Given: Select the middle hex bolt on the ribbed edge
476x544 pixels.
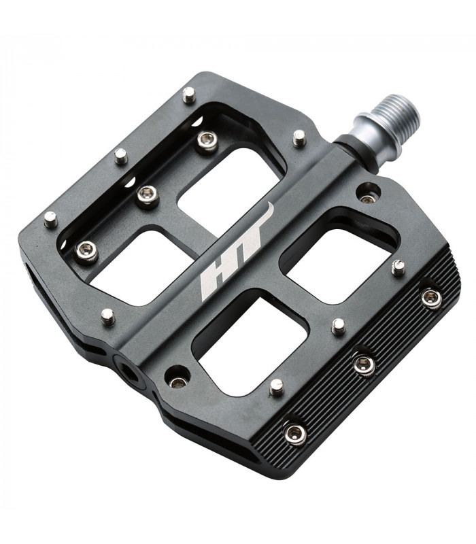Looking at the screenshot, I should (364, 365).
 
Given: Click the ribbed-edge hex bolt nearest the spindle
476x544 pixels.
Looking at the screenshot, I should (430, 297).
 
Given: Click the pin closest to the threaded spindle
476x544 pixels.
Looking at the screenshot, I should (299, 138).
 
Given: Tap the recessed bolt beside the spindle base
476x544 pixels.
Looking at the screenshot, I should (368, 197).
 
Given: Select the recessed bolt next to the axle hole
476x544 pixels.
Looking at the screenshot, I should (178, 378).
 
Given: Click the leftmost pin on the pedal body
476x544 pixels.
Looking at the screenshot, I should (50, 219).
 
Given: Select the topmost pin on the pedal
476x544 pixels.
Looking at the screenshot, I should (189, 94).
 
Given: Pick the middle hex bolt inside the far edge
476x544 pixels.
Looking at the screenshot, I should (147, 196).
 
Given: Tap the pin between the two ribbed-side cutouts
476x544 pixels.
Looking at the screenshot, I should (338, 326).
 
